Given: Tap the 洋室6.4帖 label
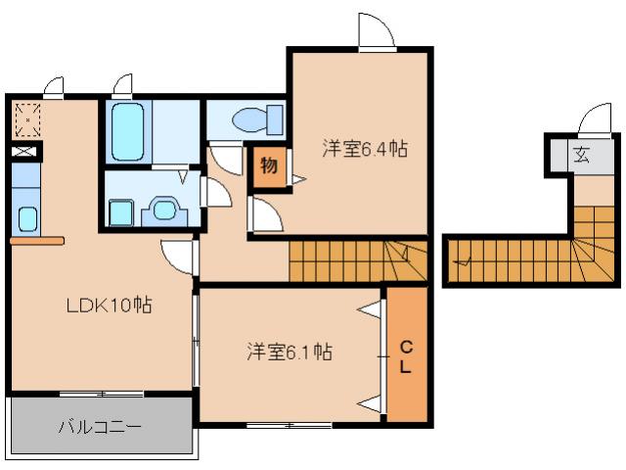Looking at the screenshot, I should (x=365, y=150).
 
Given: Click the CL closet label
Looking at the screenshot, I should (x=405, y=356).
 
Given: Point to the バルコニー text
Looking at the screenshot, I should (x=100, y=428).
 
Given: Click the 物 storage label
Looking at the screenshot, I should (x=269, y=164).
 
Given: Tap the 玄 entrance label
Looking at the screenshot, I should (x=581, y=154).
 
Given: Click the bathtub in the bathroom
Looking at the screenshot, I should (x=127, y=131).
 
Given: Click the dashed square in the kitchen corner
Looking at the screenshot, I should (x=27, y=119).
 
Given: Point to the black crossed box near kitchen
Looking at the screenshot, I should (x=25, y=153).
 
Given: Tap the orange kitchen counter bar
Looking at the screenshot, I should (x=36, y=240).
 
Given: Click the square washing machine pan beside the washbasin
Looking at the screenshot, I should (x=121, y=211).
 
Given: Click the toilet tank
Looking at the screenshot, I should (x=275, y=120).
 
